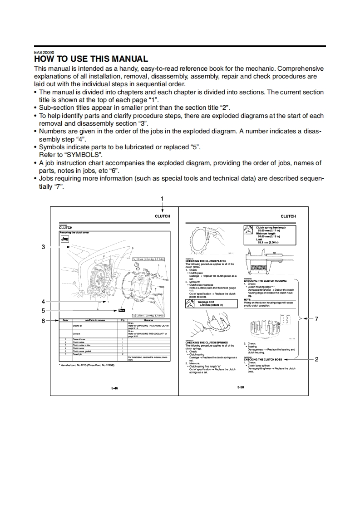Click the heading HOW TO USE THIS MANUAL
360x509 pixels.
[91, 59]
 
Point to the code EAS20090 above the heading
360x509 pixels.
[44, 52]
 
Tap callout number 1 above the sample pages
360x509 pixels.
[162, 198]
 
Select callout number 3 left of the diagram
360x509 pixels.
[43, 247]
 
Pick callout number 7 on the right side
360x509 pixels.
[317, 319]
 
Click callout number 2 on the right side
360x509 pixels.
[316, 359]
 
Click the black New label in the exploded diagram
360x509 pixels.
[121, 310]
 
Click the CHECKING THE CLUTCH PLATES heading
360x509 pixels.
[206, 261]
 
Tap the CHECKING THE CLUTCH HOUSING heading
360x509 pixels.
[265, 281]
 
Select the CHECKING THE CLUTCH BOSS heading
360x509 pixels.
[262, 360]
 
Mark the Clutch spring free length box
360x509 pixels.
[271, 235]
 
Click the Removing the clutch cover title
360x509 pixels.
[74, 232]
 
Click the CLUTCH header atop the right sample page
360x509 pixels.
[288, 216]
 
